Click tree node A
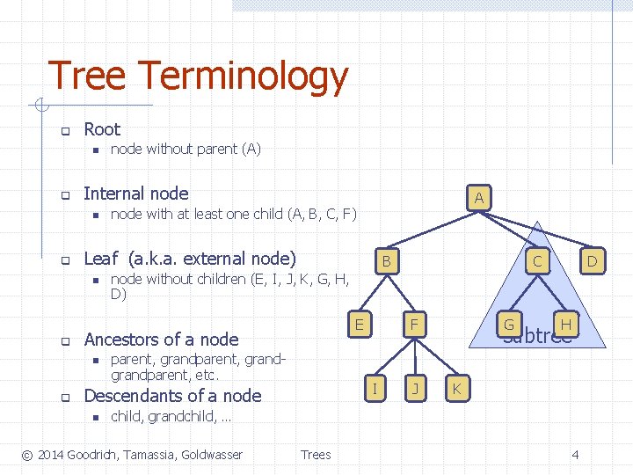(x=478, y=198)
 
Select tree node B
(x=385, y=262)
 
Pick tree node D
(x=592, y=261)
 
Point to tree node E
(x=359, y=325)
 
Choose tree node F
(x=411, y=325)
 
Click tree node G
(x=508, y=325)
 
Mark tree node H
(x=566, y=325)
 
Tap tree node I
(x=375, y=387)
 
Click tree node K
(x=457, y=387)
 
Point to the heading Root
(x=102, y=129)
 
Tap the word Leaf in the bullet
(x=101, y=259)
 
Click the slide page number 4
(x=575, y=455)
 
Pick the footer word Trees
(x=316, y=455)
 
